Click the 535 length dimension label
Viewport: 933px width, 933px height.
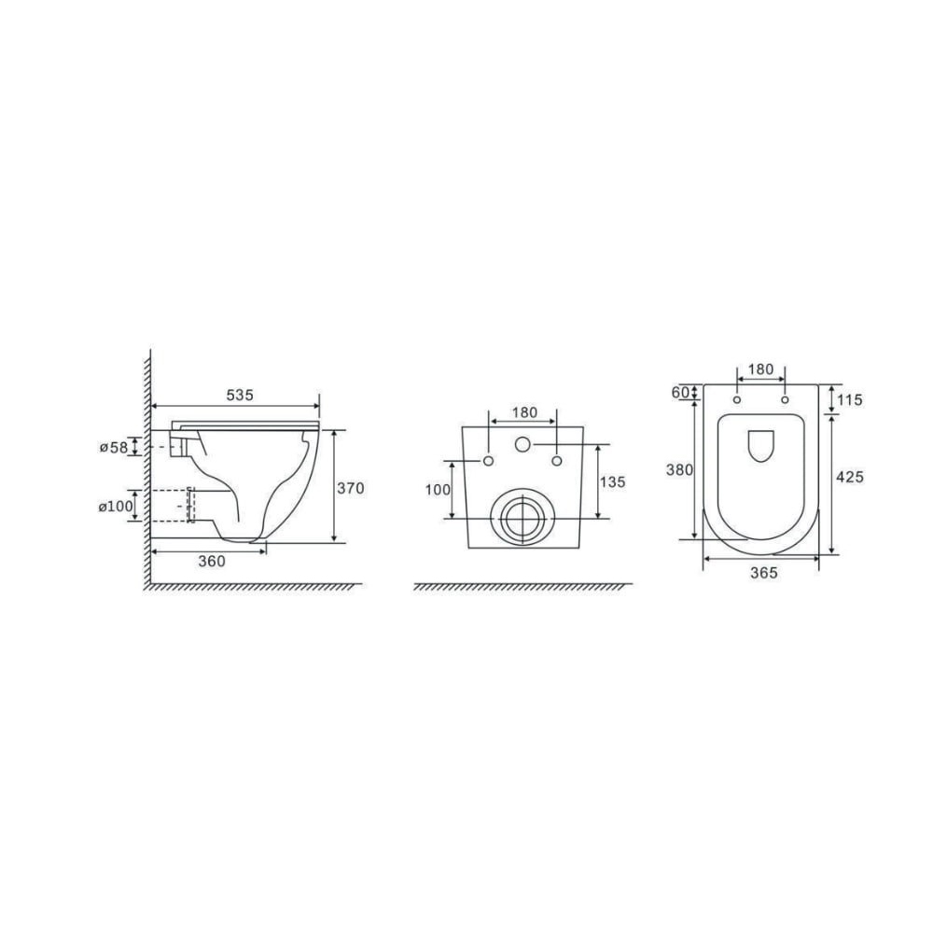(x=240, y=395)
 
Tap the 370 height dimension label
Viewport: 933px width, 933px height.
(x=351, y=489)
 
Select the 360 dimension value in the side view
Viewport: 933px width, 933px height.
(x=212, y=561)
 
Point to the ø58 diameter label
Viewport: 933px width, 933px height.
(x=114, y=447)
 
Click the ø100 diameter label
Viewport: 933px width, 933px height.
(x=116, y=507)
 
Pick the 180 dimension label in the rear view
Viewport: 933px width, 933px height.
(x=524, y=412)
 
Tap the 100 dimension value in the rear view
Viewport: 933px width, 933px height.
(x=438, y=491)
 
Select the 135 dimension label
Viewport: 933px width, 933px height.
(x=613, y=482)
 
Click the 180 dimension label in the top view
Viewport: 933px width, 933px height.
(x=760, y=369)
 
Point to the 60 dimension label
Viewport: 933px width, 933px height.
(x=680, y=393)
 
